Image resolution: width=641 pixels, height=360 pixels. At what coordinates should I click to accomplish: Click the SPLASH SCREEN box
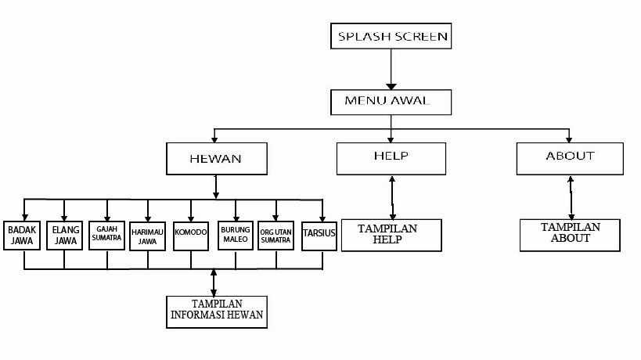[391, 37]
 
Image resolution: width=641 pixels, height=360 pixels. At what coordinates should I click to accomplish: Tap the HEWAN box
[215, 158]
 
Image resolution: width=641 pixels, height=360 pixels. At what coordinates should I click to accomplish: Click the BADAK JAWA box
[20, 235]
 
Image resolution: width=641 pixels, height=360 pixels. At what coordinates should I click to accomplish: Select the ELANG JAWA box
[63, 235]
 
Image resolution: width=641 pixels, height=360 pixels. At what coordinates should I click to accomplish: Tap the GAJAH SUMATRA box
[106, 235]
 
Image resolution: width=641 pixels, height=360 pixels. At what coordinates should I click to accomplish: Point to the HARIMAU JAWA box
[148, 235]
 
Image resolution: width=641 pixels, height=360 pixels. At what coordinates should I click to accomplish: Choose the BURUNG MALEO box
[235, 235]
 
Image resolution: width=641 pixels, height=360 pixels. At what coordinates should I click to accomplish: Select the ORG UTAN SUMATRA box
[276, 235]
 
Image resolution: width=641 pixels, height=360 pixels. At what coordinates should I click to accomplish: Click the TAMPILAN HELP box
[391, 235]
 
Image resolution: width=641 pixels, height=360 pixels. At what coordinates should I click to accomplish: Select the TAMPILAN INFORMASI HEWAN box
[217, 311]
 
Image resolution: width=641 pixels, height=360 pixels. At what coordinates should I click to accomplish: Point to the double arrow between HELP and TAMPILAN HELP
[392, 196]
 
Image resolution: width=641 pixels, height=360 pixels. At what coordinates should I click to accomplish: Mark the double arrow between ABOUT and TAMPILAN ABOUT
[571, 196]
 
